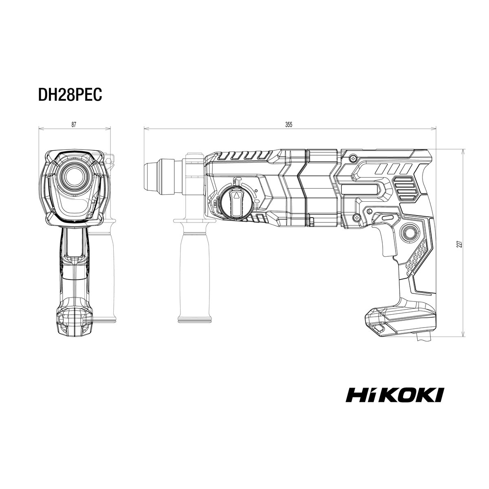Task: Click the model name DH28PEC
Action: tap(70, 95)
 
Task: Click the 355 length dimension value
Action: tap(289, 125)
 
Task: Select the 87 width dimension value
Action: tap(74, 125)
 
